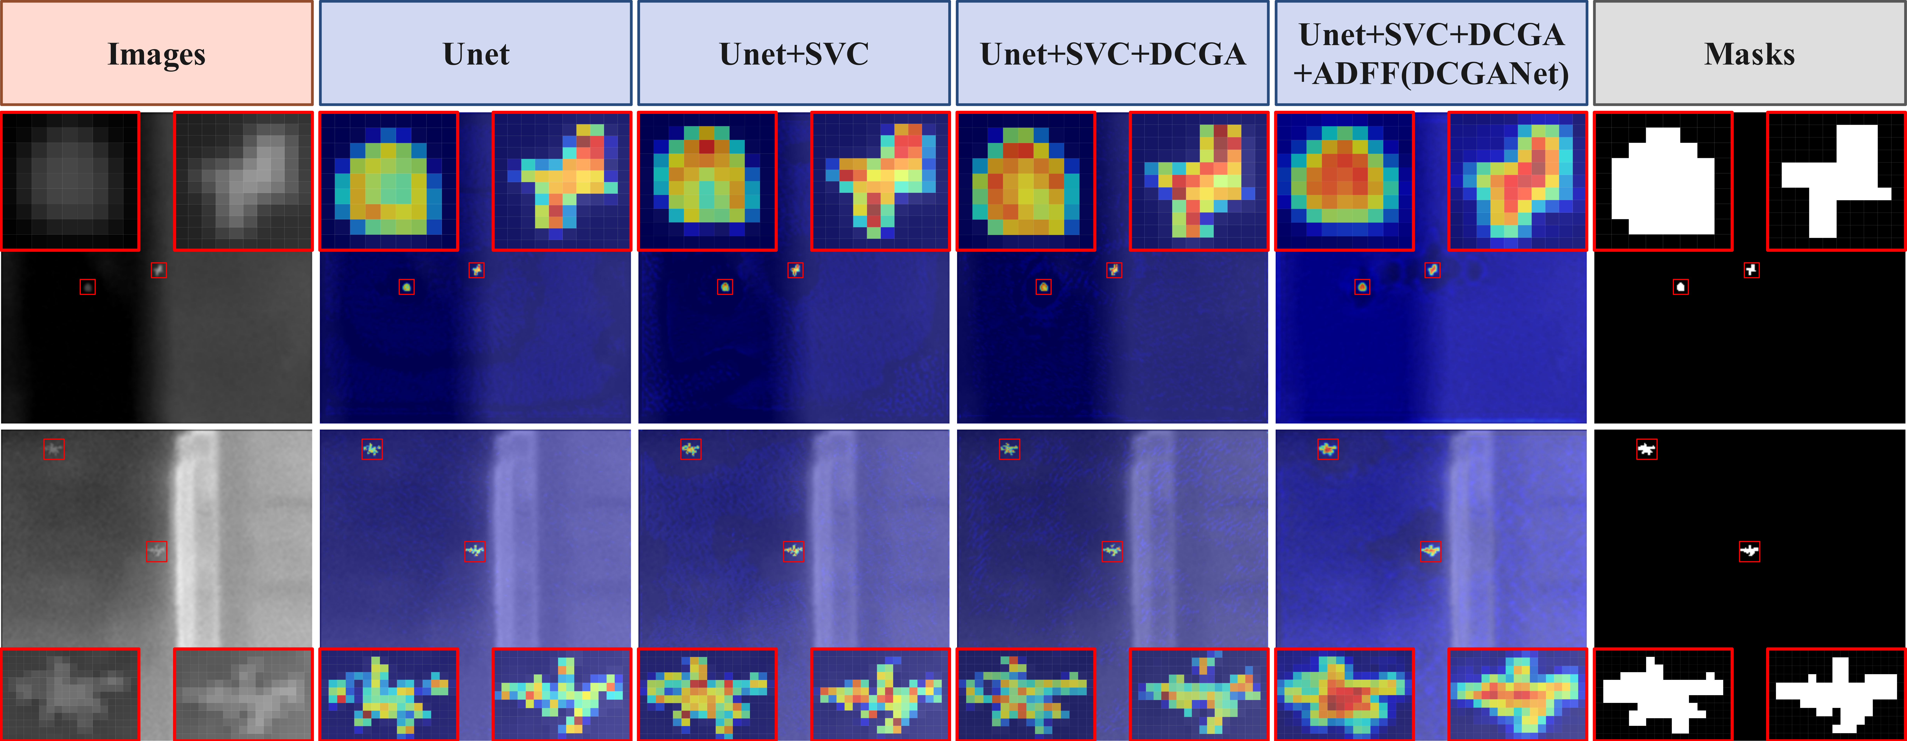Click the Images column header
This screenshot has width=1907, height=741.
click(156, 53)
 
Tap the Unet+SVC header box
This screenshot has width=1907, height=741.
click(794, 53)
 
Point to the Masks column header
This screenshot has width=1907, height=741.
click(1749, 53)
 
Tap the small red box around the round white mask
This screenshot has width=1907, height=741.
click(1680, 286)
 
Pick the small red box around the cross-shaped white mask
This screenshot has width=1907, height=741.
click(1751, 270)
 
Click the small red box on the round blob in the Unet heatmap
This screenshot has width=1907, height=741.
click(406, 286)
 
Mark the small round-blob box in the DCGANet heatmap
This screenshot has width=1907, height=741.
click(1362, 286)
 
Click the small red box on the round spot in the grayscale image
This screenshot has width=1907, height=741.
click(87, 286)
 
